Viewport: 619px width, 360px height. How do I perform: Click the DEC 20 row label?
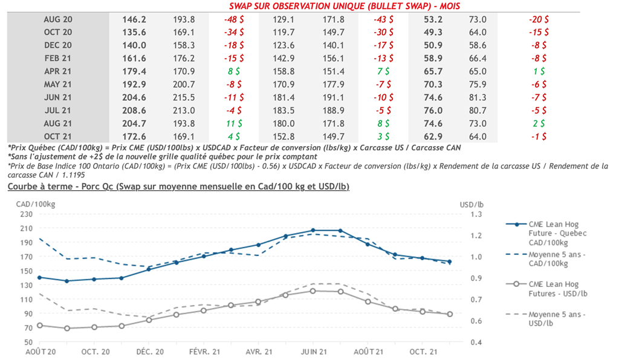point(58,45)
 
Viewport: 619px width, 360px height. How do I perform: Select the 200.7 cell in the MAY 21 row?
point(183,85)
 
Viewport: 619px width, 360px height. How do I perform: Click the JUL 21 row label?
point(58,111)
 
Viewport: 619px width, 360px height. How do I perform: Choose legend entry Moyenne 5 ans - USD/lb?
point(556,320)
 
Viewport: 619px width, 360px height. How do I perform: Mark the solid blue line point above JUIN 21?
point(313,230)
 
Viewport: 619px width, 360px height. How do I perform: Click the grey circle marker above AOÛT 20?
point(40,325)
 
